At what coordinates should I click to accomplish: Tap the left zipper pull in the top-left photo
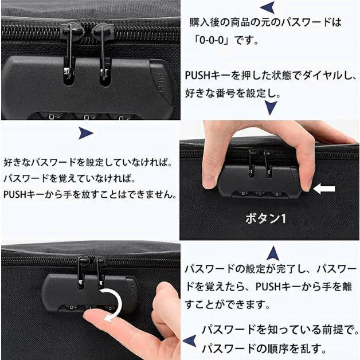[x=68, y=54]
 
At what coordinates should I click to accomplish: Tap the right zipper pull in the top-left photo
[x=104, y=54]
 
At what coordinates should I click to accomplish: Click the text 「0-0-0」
[x=214, y=41]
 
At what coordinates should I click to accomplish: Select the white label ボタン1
[x=265, y=219]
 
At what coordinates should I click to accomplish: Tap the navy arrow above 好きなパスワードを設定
[x=85, y=134]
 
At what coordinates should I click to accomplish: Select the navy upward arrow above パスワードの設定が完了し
[x=273, y=252]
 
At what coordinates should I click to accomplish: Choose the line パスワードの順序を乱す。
[x=264, y=348]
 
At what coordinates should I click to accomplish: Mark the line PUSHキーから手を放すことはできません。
[x=89, y=194]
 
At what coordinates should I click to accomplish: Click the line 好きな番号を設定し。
[x=232, y=92]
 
